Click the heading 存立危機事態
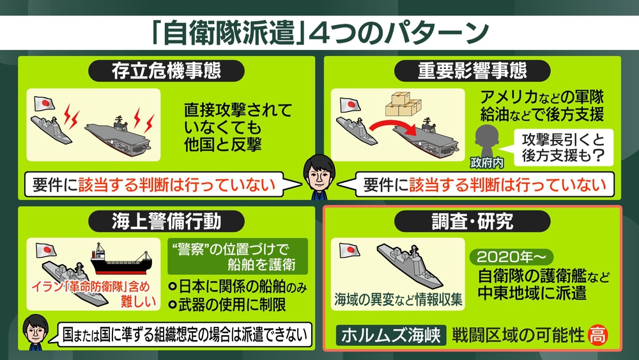click(x=166, y=71)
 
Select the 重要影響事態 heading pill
click(x=472, y=71)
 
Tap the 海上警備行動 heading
click(x=166, y=221)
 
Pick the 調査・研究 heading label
click(x=472, y=221)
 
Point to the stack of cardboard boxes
click(x=403, y=104)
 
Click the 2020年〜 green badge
click(x=511, y=257)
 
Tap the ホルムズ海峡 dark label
click(x=391, y=335)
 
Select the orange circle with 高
click(x=598, y=335)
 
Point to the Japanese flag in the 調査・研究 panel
click(x=350, y=250)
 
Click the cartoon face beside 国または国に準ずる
click(x=35, y=332)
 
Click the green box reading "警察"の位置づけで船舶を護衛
click(x=238, y=256)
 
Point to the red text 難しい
click(x=138, y=302)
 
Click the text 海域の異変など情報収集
click(x=398, y=300)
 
